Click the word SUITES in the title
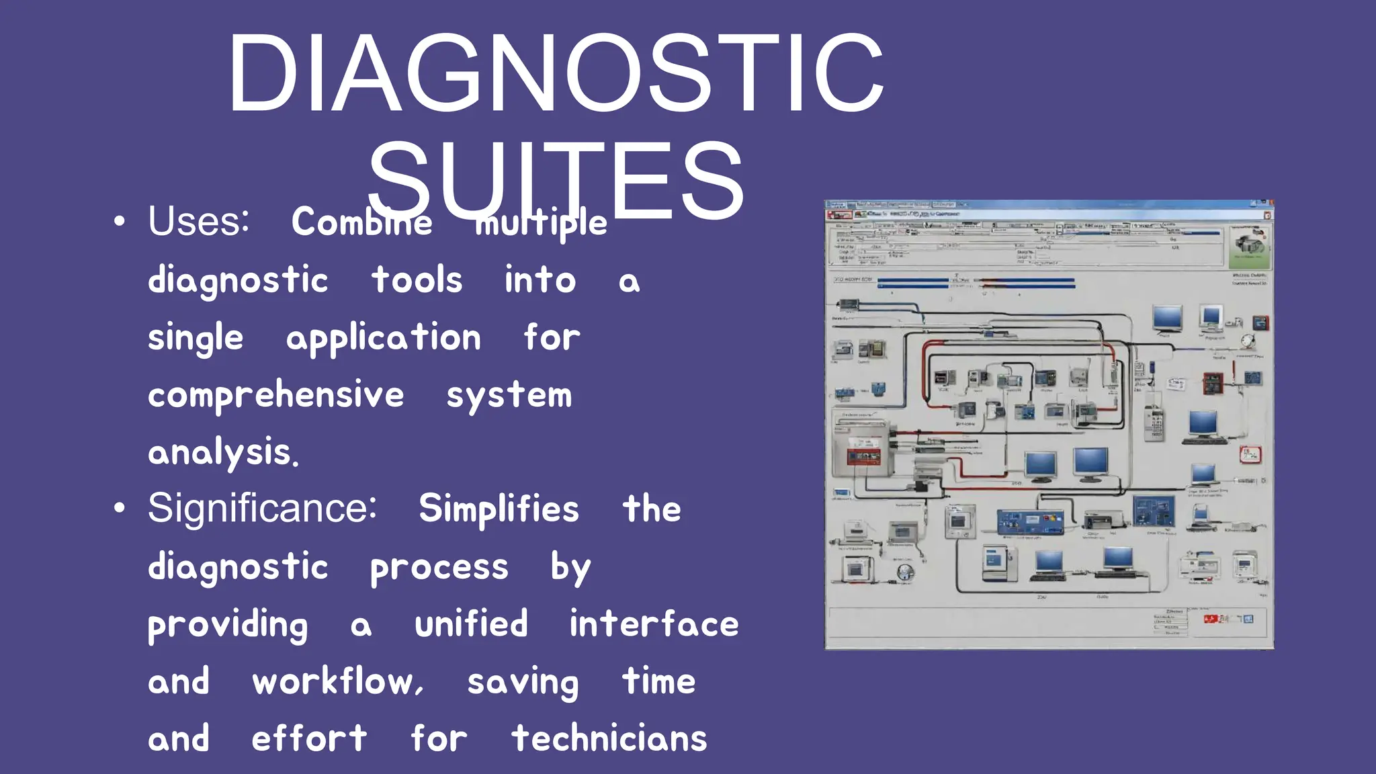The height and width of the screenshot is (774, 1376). [x=556, y=180]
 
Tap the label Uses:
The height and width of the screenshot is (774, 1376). [x=199, y=222]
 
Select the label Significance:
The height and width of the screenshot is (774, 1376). [x=262, y=508]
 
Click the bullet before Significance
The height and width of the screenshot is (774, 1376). [x=120, y=509]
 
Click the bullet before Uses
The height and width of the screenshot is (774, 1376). [x=120, y=222]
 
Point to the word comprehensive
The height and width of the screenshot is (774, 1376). [x=275, y=395]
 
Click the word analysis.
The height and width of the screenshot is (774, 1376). [x=223, y=452]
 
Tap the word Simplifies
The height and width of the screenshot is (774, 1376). [x=499, y=509]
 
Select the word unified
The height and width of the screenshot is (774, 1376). [x=471, y=624]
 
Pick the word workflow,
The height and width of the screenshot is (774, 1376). [x=338, y=682]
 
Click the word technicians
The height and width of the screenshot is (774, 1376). [x=609, y=739]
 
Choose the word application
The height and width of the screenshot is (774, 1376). [x=384, y=338]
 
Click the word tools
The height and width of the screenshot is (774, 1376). [x=417, y=280]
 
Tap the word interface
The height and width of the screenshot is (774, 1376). [x=654, y=624]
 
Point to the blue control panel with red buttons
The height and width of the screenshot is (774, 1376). [x=1030, y=522]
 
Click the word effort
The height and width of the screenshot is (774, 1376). [x=309, y=739]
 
